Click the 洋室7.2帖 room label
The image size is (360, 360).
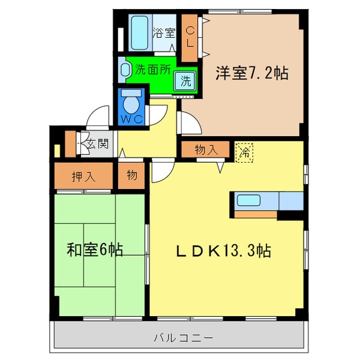click(x=251, y=74)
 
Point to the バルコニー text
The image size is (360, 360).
click(x=184, y=338)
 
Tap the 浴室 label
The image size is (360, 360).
click(x=163, y=34)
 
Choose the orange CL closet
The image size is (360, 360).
click(x=190, y=38)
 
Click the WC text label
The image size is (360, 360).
click(x=132, y=119)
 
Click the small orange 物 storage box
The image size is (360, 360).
click(x=132, y=176)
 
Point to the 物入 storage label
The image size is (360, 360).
click(x=206, y=150)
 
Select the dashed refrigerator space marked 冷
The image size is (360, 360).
click(x=244, y=152)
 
